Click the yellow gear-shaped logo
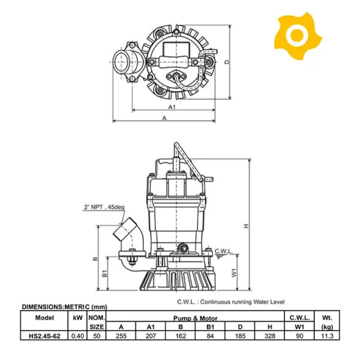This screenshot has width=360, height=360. (x=298, y=35)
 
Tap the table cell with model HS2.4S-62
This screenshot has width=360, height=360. (x=44, y=336)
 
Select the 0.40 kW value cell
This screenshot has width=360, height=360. (x=77, y=336)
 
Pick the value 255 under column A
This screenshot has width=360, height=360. (x=121, y=336)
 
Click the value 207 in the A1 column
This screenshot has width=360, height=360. (x=151, y=336)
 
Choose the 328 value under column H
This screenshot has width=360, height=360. (x=269, y=336)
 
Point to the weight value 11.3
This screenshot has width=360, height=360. (x=327, y=336)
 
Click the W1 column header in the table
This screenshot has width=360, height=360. (x=299, y=327)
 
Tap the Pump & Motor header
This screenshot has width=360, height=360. (x=196, y=318)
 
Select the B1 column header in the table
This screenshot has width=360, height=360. (x=210, y=327)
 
